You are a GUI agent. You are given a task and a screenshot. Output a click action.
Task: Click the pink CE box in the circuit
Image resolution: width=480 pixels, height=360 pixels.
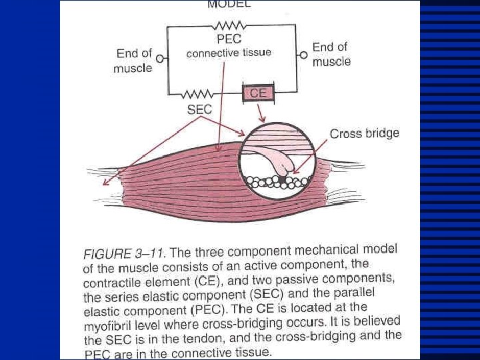coord(258,93)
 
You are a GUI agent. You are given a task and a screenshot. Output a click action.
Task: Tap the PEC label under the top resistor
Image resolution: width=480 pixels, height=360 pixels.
coord(229,40)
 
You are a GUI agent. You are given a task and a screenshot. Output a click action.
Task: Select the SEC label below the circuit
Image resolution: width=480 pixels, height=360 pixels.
coord(199,110)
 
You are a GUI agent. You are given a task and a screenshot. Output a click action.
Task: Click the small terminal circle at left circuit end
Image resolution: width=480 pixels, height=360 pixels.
coord(159,58)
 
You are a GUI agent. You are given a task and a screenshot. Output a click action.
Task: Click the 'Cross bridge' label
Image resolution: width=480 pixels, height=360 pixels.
coord(365,133)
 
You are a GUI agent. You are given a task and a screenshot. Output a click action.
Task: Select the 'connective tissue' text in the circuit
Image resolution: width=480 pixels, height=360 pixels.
coord(229,53)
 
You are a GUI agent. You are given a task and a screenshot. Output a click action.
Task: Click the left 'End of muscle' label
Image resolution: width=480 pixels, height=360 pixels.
coord(133,60)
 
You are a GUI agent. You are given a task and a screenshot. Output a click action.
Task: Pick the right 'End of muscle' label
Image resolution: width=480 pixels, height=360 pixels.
coord(331,54)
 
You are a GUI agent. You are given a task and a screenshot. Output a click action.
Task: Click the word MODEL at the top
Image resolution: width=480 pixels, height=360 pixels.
coord(229,4)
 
